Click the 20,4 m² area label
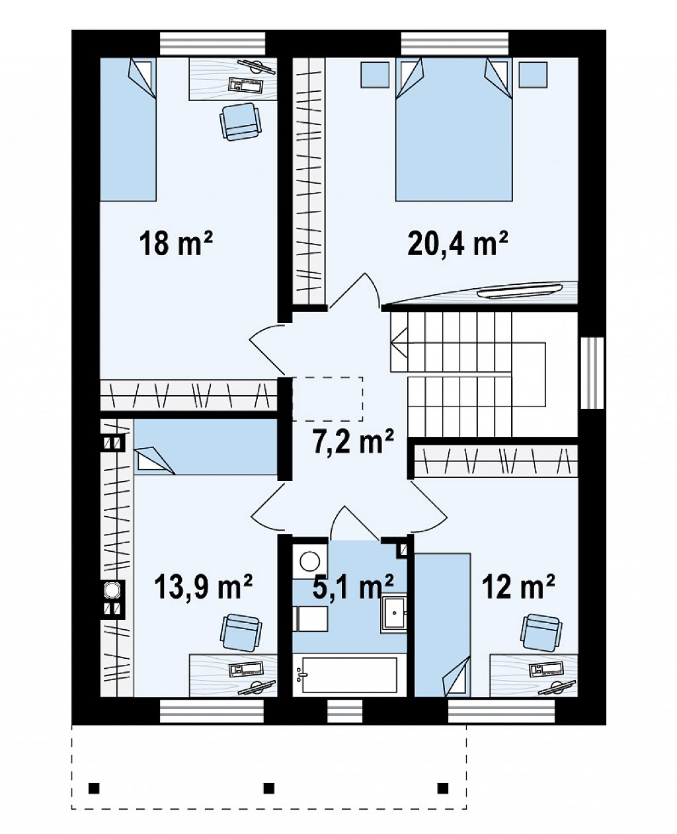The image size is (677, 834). click(x=458, y=244)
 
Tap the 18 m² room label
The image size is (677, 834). click(x=177, y=244)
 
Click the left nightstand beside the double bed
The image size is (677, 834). click(x=375, y=74)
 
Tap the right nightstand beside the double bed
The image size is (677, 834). click(x=533, y=74)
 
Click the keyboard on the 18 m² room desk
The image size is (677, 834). click(x=244, y=85)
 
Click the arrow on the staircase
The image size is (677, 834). click(x=399, y=342)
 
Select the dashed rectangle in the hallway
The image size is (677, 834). click(x=327, y=399)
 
